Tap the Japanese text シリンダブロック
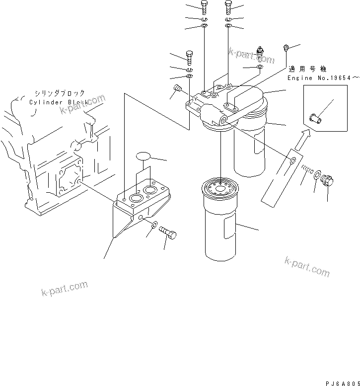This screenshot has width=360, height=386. [x=60, y=93]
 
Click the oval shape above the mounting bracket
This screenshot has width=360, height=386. [x=143, y=155]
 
